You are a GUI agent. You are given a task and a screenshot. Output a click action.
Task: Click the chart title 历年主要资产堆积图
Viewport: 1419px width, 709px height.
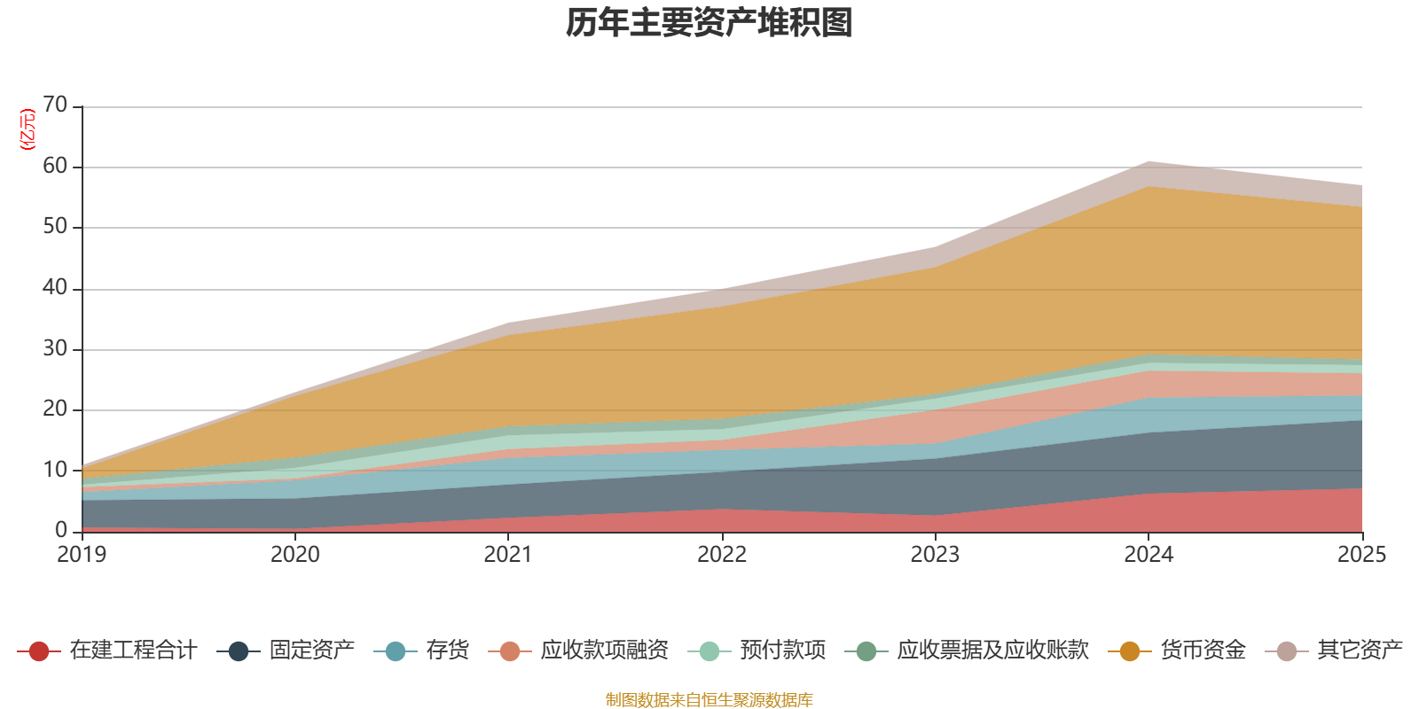click(x=709, y=23)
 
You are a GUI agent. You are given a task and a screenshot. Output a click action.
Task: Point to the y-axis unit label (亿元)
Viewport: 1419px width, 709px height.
click(x=28, y=129)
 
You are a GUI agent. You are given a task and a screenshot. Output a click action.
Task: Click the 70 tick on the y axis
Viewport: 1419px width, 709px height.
click(x=55, y=105)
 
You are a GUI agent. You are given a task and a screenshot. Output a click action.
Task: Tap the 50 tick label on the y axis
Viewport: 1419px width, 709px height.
click(x=55, y=227)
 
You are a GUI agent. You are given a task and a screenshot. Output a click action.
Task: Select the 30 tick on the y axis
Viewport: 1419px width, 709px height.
click(x=55, y=349)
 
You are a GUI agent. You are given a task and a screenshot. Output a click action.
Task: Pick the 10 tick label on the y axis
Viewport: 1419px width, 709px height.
click(x=55, y=471)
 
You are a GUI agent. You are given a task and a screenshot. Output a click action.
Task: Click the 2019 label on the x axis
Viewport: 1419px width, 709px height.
click(x=82, y=555)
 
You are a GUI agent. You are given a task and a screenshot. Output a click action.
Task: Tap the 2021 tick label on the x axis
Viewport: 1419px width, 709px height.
click(x=508, y=555)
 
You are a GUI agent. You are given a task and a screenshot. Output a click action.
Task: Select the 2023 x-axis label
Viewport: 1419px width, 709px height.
click(x=935, y=555)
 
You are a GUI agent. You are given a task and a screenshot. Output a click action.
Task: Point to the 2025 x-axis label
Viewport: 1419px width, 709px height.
click(x=1360, y=555)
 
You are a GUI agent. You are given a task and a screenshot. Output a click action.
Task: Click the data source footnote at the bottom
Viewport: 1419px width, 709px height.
click(x=709, y=700)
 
